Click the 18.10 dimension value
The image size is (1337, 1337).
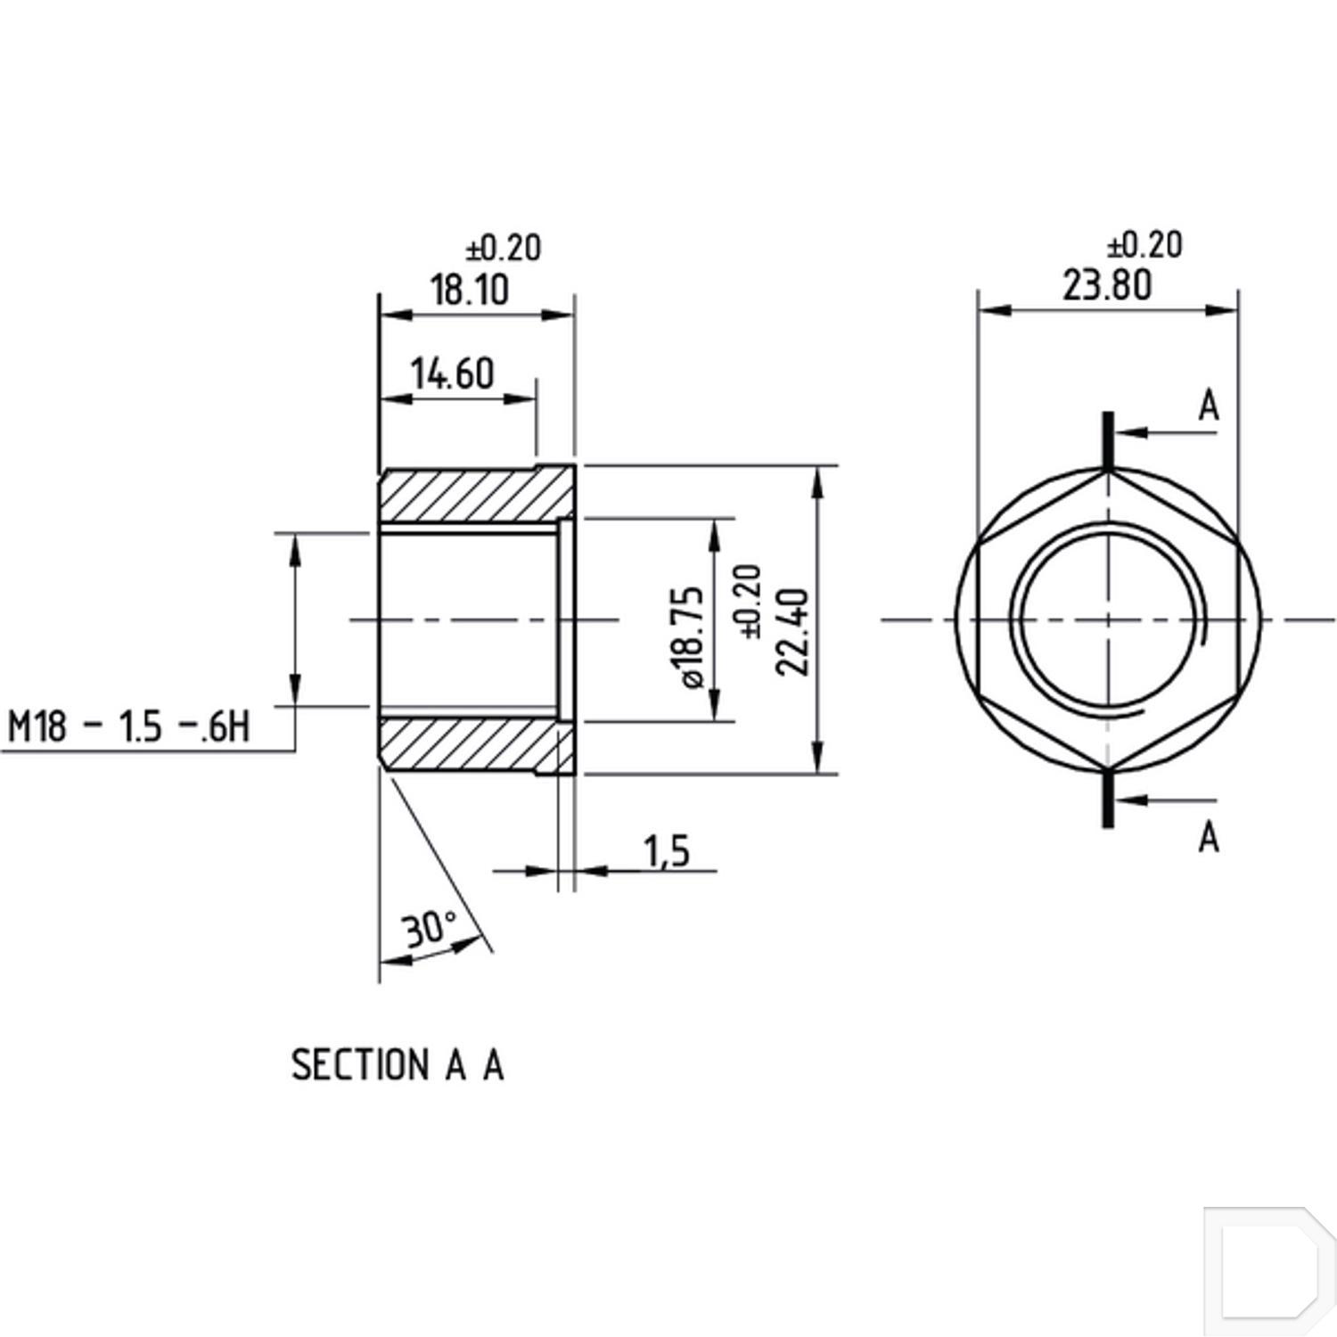click(470, 291)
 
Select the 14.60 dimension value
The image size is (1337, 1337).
click(452, 373)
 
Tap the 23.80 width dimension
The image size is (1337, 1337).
click(1107, 286)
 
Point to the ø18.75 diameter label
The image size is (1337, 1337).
click(693, 636)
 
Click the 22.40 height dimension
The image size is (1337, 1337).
click(792, 631)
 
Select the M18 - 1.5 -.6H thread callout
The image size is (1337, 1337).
click(128, 727)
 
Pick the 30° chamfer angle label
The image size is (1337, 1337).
click(430, 929)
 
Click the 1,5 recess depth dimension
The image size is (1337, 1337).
click(668, 851)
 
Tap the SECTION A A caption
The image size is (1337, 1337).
click(398, 1065)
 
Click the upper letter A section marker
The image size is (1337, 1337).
click(1208, 406)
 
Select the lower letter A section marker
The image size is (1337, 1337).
click(1208, 837)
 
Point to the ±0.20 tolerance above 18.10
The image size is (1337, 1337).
click(504, 248)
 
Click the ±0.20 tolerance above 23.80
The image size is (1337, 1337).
click(1144, 244)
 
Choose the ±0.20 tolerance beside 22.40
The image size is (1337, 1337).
click(751, 602)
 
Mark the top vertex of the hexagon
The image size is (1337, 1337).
click(1108, 472)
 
